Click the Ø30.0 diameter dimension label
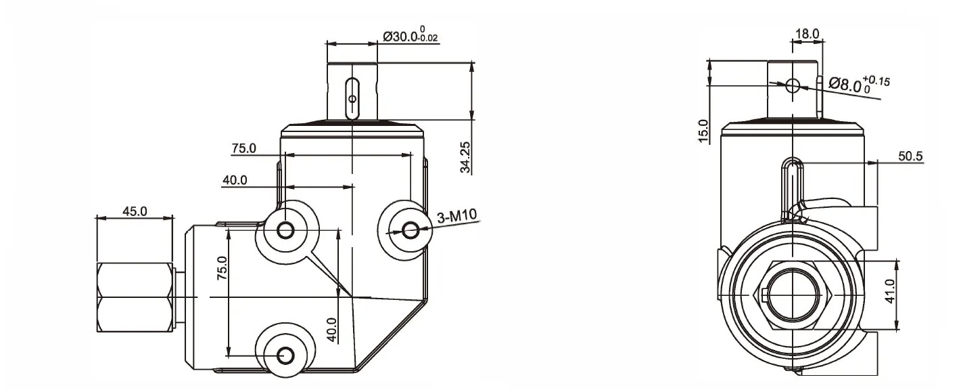[411, 36]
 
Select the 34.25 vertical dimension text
[467, 158]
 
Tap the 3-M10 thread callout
[458, 217]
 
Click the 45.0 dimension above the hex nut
[135, 211]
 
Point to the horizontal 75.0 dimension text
[243, 148]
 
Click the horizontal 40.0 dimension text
[235, 180]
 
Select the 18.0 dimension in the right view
[807, 33]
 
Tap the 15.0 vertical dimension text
[703, 131]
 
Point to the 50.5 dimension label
[910, 156]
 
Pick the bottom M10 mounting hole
[285, 355]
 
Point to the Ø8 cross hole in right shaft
[793, 85]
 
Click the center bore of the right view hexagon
[791, 295]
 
